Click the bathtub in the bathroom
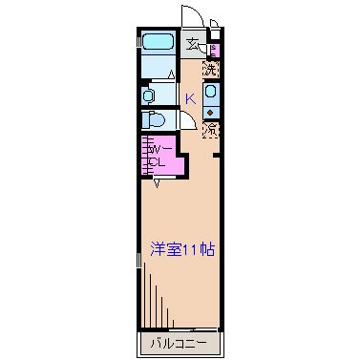point(157,42)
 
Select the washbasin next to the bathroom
point(149,95)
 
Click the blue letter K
point(190,97)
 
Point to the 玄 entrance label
point(193,44)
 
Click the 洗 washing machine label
point(211,68)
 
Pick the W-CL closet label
point(159,155)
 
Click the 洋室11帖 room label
point(181,250)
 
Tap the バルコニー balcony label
point(181,342)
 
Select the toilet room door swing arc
point(188,122)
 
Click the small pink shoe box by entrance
point(213,50)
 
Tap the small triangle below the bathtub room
point(171,74)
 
